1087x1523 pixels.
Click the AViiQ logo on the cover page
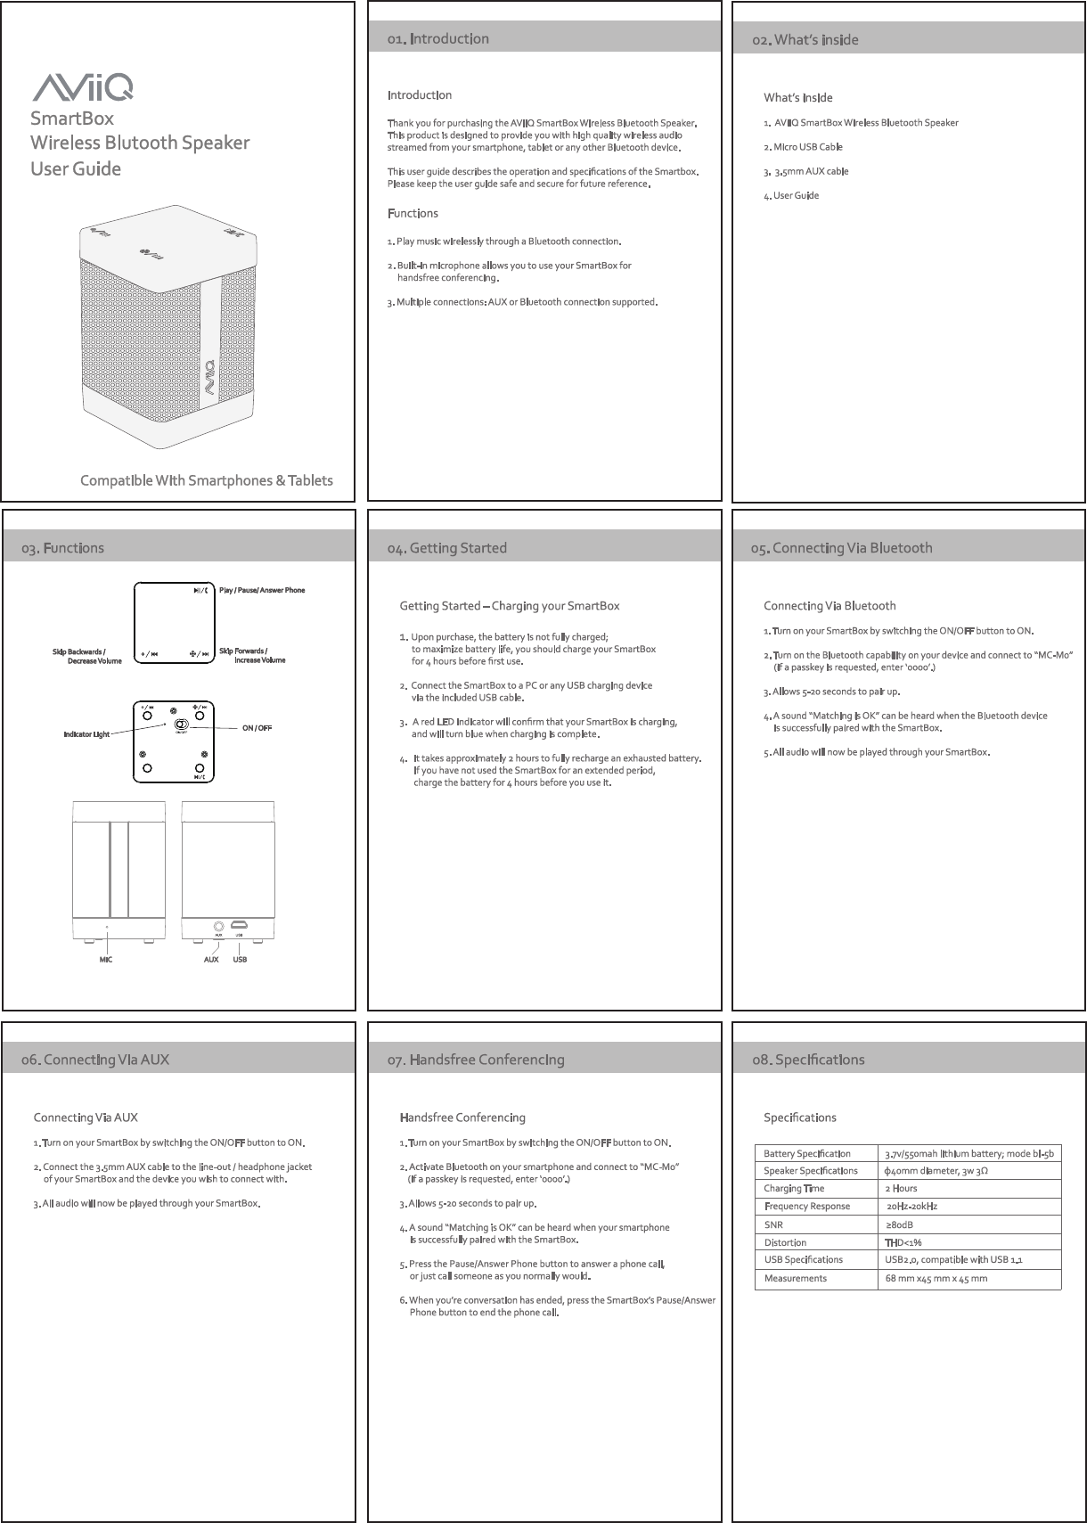[x=84, y=87]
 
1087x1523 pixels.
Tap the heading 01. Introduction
[x=437, y=39]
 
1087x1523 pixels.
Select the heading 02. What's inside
[x=805, y=40]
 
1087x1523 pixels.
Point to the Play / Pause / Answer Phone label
[x=262, y=590]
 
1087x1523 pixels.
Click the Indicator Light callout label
[x=86, y=734]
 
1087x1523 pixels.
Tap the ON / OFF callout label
[x=257, y=728]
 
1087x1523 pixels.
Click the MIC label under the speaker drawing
[x=105, y=960]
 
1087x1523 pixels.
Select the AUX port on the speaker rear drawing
[x=219, y=927]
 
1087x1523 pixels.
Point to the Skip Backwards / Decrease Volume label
[x=86, y=656]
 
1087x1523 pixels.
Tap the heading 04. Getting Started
[x=446, y=548]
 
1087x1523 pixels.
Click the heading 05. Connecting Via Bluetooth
[x=842, y=548]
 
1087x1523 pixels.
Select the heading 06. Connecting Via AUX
[x=95, y=1060]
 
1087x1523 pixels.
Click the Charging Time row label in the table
[x=794, y=1189]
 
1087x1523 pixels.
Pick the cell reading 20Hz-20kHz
[x=911, y=1207]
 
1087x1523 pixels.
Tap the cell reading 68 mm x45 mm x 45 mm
[x=936, y=1279]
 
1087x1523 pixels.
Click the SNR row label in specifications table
[x=773, y=1225]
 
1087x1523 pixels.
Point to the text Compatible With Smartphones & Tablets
[x=207, y=481]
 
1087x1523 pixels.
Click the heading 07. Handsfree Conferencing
[x=476, y=1060]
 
